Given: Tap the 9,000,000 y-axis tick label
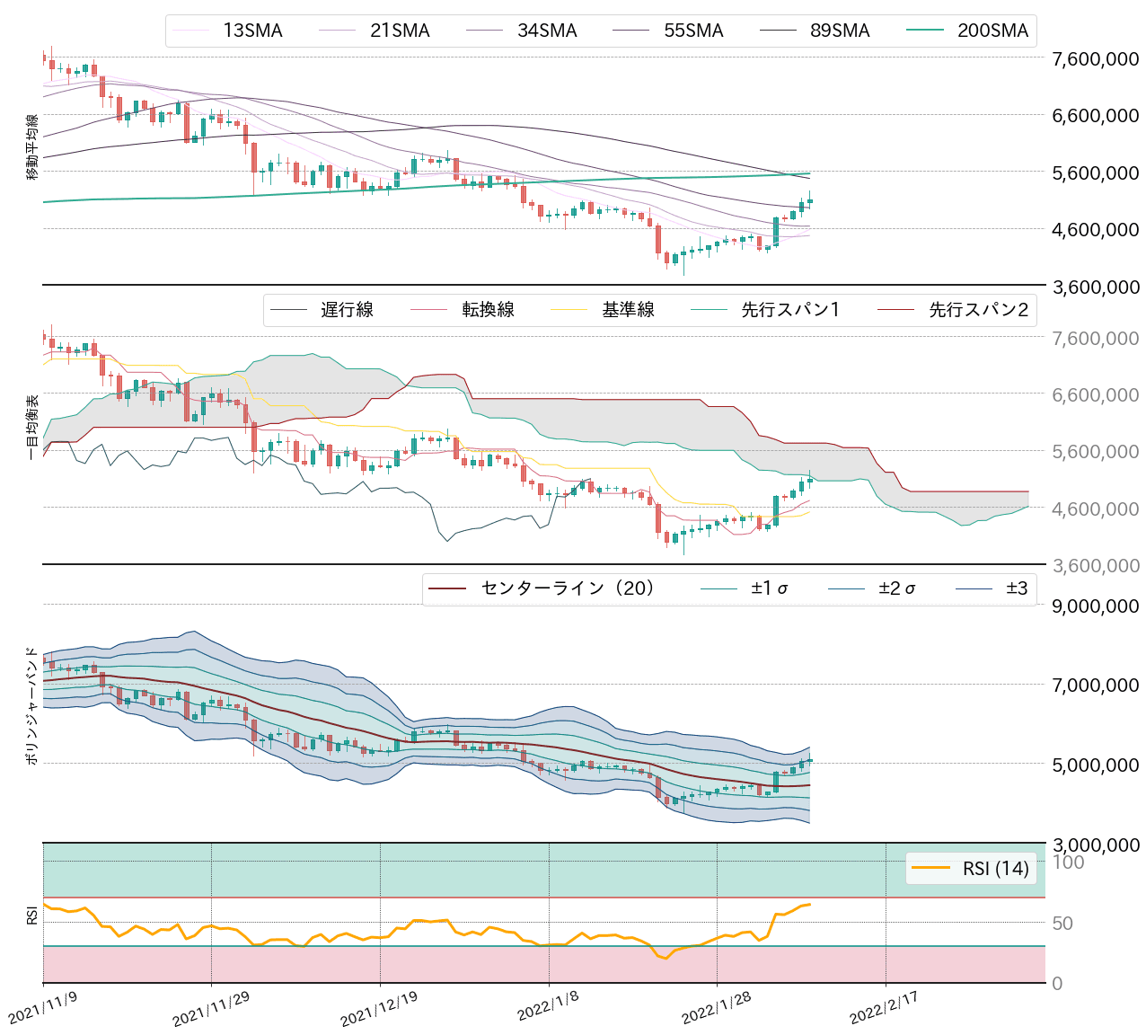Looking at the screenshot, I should [x=1095, y=606].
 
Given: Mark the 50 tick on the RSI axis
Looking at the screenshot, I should [x=1063, y=923].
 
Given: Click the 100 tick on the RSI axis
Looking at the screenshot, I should [x=1068, y=862].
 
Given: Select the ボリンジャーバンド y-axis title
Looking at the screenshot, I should [x=32, y=705].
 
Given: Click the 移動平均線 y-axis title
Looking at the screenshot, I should [x=32, y=146].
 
